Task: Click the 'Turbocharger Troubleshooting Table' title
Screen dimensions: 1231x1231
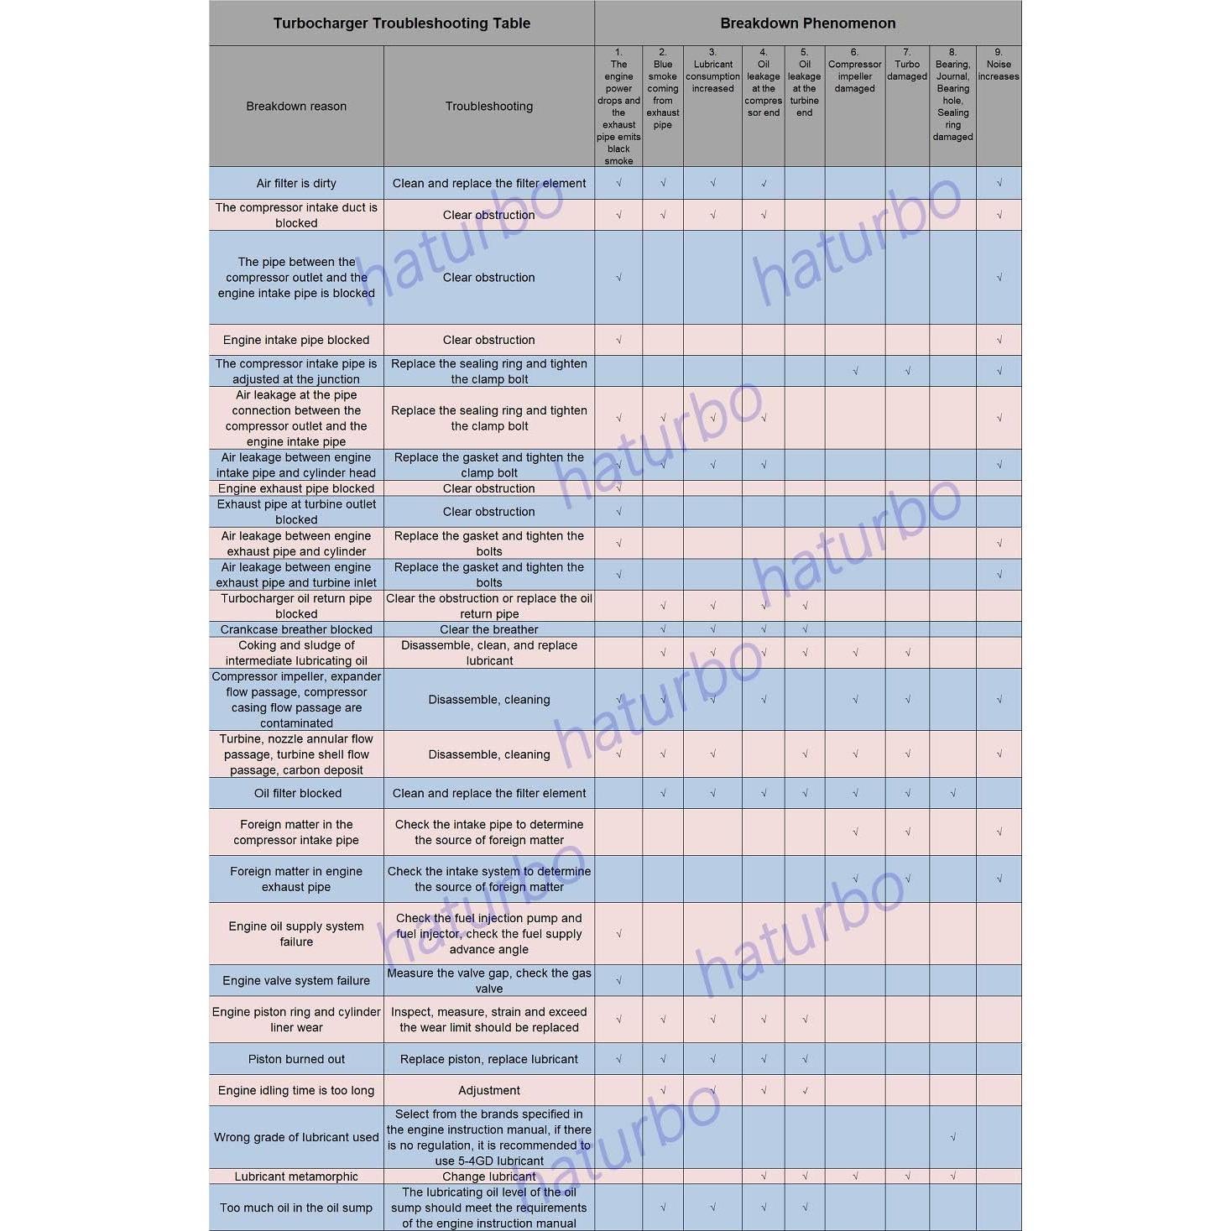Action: point(401,23)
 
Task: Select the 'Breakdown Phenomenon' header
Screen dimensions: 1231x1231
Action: point(807,23)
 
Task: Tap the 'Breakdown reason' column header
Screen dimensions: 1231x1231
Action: point(296,107)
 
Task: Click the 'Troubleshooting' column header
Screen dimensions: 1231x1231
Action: point(489,107)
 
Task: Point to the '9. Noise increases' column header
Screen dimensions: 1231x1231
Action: point(999,65)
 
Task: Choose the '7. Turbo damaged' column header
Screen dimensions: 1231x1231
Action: point(907,65)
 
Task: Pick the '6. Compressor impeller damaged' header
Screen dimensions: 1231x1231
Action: point(854,70)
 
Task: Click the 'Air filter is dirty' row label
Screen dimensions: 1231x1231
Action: point(296,183)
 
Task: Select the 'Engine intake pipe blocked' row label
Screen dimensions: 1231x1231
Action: point(296,340)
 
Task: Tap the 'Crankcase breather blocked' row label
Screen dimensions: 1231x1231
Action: point(296,629)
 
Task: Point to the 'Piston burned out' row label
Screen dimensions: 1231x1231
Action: point(296,1059)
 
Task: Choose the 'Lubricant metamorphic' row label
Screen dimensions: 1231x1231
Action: point(296,1176)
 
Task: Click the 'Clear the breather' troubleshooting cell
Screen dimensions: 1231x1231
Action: point(489,629)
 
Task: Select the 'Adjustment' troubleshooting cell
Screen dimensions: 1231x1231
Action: point(489,1090)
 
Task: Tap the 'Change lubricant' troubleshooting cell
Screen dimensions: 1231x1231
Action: point(489,1176)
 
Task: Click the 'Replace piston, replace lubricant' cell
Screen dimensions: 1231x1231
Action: point(489,1059)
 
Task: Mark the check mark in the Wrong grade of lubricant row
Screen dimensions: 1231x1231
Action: point(953,1138)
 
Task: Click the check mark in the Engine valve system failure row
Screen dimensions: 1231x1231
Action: point(619,980)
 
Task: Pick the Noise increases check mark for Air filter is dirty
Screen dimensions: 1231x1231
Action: point(999,183)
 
